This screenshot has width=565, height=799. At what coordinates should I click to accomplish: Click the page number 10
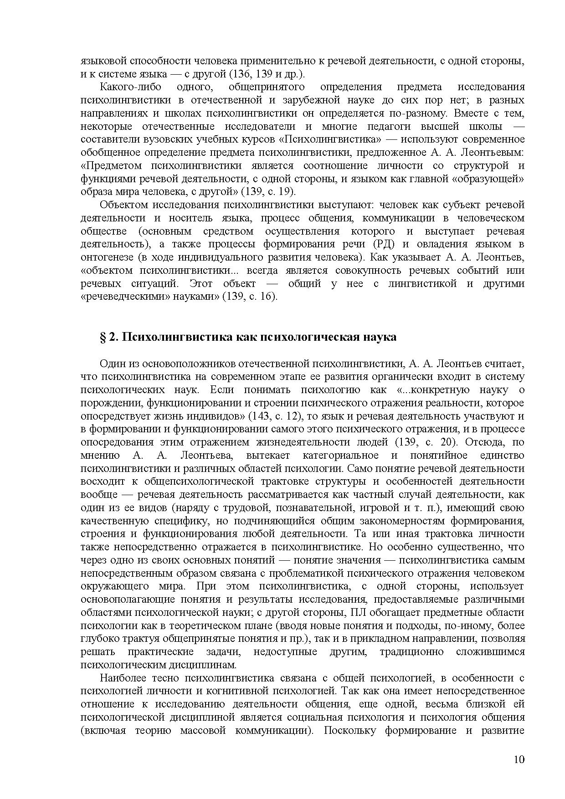tap(519, 759)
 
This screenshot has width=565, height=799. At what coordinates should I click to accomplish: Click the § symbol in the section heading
tap(103, 337)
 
